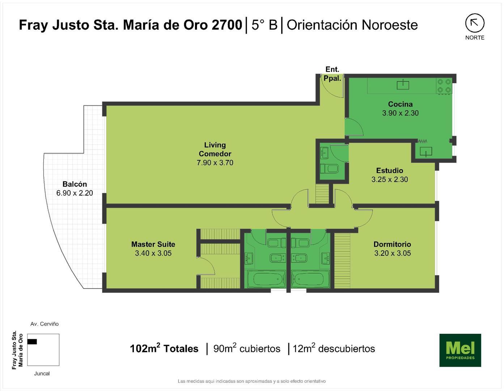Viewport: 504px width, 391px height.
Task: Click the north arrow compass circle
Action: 474,23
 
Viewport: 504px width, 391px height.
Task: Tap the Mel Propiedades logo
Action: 460,350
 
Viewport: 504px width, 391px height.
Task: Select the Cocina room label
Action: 400,104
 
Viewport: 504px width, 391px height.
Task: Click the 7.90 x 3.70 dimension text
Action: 215,163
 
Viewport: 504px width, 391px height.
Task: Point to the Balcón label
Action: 75,184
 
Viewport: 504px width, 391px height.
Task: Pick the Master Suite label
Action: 153,244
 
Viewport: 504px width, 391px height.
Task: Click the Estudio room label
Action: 389,171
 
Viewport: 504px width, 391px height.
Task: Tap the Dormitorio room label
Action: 392,244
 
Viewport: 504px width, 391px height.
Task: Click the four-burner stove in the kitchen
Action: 444,86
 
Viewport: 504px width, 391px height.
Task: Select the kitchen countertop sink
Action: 403,85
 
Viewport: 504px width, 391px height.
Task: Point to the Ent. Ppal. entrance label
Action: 332,73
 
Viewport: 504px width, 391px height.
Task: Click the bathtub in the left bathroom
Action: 267,279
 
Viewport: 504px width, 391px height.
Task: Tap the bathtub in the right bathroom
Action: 309,279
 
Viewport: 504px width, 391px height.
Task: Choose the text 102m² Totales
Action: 164,349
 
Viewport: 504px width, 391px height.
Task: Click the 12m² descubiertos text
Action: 334,349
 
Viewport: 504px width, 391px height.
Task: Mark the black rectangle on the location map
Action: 32,341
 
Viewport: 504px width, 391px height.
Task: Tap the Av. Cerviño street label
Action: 45,324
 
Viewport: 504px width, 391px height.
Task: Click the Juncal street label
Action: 42,374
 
